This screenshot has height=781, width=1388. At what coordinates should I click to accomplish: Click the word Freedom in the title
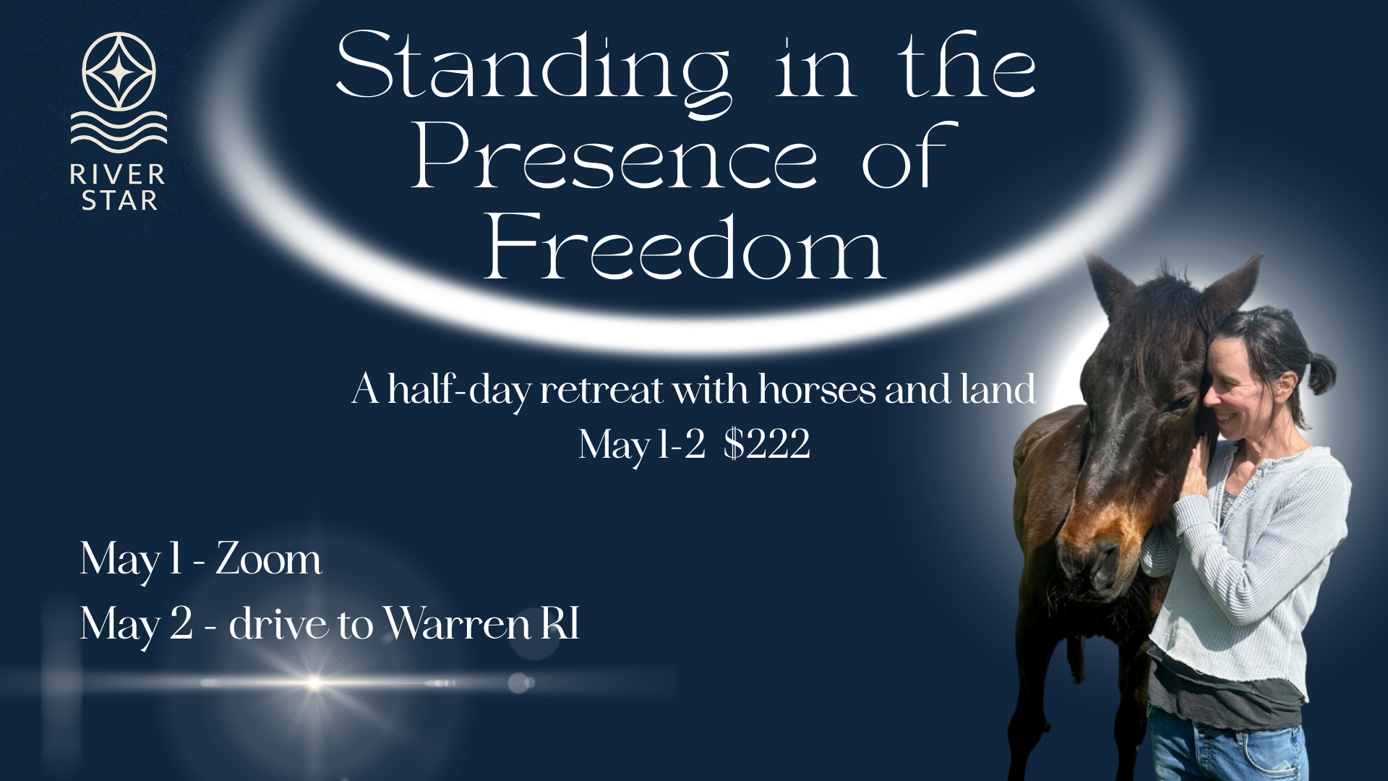685,249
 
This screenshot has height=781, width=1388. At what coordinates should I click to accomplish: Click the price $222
766,444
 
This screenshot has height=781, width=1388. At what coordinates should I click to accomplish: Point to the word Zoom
268,560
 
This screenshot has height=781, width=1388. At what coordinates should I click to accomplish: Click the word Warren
458,623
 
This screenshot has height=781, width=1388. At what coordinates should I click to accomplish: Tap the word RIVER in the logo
118,175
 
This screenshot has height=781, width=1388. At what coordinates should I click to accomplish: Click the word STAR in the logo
119,200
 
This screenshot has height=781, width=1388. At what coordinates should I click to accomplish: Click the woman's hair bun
1319,372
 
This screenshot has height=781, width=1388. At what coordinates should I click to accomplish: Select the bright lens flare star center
314,682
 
